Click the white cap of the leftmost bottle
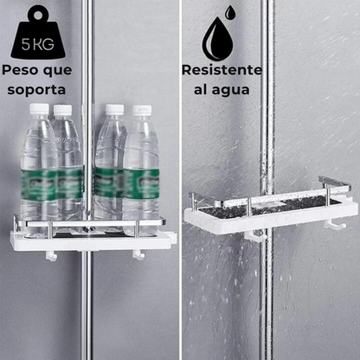tap(38, 110)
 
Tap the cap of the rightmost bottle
tap(141, 112)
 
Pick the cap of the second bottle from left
tap(63, 111)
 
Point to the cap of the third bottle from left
tap(114, 110)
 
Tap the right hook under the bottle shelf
tap(138, 255)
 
